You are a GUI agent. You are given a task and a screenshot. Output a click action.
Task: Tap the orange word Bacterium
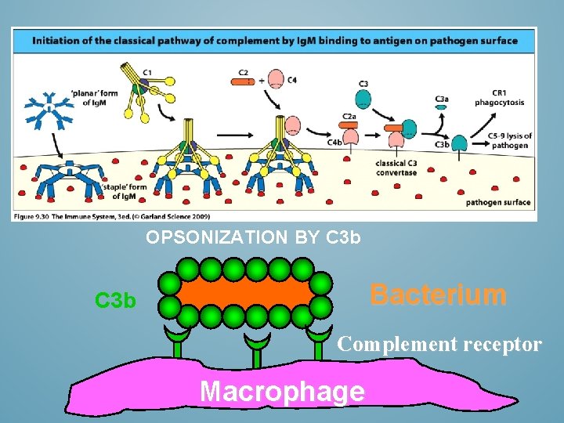pos(438,295)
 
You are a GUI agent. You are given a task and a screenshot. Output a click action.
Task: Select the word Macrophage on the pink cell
pos(282,390)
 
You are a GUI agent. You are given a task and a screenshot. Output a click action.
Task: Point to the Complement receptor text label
pos(439,344)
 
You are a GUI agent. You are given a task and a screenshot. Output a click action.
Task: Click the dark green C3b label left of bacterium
pos(115,301)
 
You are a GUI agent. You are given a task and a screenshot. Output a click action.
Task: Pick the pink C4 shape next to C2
pos(277,79)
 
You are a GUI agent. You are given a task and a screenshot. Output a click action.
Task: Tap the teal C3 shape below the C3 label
pos(363,99)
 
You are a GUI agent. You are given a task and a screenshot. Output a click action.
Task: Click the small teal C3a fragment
pos(441,107)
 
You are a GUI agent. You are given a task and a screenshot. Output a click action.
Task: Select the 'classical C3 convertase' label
pos(396,168)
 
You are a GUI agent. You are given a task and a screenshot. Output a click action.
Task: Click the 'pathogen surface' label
pos(497,202)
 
